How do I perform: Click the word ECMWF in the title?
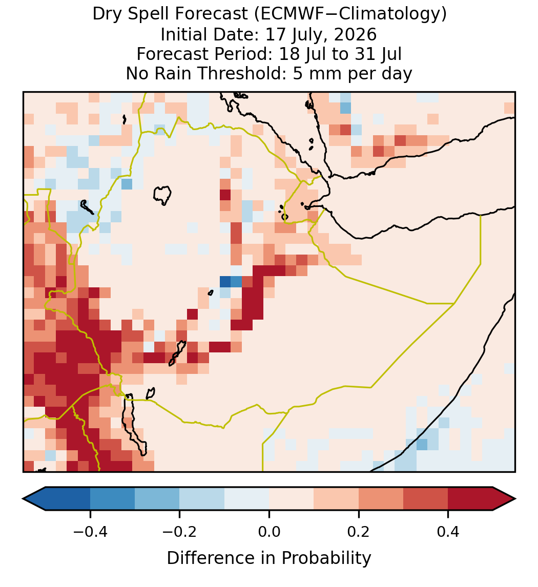(x=287, y=14)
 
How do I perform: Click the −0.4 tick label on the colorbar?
(x=90, y=532)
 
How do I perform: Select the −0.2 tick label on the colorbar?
(x=180, y=532)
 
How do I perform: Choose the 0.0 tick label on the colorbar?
(x=269, y=532)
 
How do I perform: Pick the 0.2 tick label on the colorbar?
(x=359, y=532)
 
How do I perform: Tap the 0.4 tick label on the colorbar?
(x=448, y=532)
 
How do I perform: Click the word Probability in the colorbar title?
(x=326, y=558)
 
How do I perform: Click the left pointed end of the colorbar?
(x=23, y=499)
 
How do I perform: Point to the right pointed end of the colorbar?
(x=515, y=499)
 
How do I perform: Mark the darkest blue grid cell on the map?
(x=225, y=282)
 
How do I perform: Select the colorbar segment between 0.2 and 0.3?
(x=381, y=499)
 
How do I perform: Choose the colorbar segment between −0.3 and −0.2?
(x=157, y=499)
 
